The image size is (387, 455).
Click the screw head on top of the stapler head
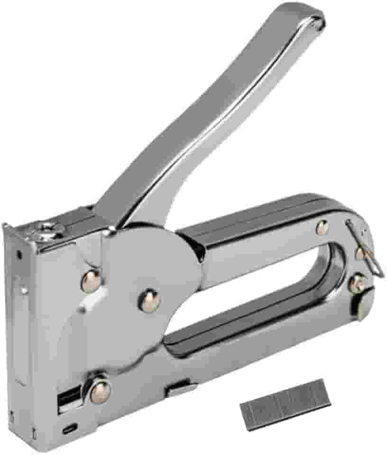[x=47, y=231]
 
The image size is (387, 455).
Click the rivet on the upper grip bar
[x=322, y=228]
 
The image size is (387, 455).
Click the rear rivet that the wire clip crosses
[x=360, y=254]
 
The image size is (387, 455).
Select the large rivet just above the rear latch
[x=357, y=283]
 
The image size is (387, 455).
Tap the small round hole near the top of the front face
[x=19, y=255]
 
